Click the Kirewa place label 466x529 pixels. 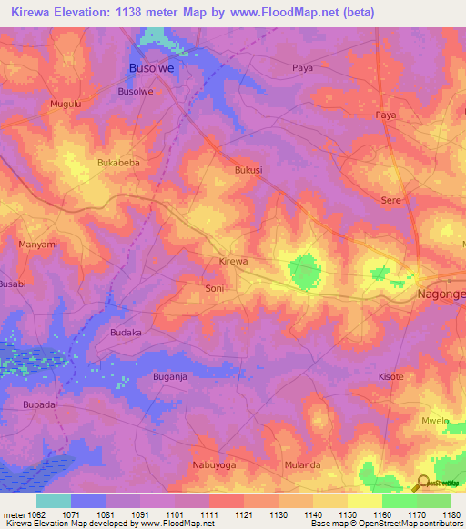tap(233, 262)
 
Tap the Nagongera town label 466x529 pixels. tap(441, 295)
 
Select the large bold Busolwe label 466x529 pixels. tap(151, 68)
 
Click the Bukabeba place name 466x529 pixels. tap(118, 163)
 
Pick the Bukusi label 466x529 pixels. tap(248, 170)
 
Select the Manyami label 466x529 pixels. tap(38, 245)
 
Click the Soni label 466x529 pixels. tap(214, 288)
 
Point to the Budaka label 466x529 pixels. tap(126, 334)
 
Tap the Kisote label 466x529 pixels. tap(390, 376)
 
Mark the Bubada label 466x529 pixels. tap(39, 404)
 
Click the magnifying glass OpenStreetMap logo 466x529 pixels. tap(422, 483)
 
